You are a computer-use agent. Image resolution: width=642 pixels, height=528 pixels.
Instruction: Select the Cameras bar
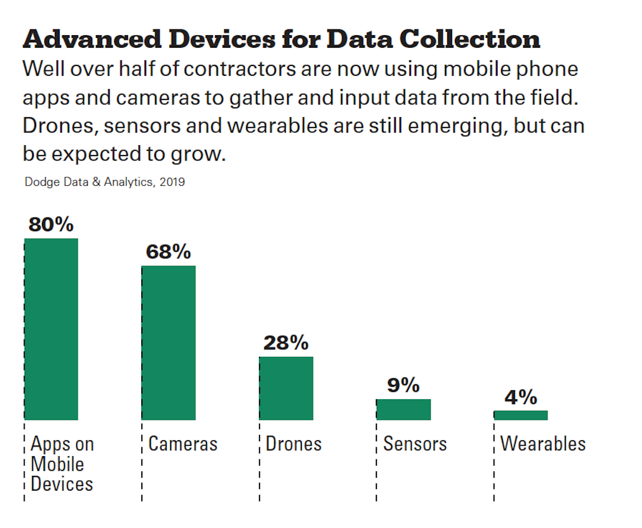pyautogui.click(x=169, y=343)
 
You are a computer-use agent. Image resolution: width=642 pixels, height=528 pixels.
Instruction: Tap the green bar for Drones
pyautogui.click(x=286, y=388)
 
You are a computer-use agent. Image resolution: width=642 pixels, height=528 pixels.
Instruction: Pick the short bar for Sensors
pyautogui.click(x=403, y=409)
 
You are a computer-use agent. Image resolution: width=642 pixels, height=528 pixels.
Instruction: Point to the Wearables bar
pyautogui.click(x=521, y=415)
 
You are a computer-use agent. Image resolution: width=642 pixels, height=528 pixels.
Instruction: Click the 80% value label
pyautogui.click(x=51, y=224)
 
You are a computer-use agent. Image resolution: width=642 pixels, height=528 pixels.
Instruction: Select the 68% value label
pyautogui.click(x=168, y=252)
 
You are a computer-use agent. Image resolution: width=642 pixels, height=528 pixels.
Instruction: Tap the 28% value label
pyautogui.click(x=286, y=343)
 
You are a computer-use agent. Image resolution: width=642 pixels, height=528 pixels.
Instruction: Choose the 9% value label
pyautogui.click(x=403, y=385)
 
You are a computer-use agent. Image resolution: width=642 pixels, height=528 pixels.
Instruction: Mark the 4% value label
pyautogui.click(x=520, y=397)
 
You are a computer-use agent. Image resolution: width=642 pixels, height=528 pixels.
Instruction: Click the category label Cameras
pyautogui.click(x=183, y=444)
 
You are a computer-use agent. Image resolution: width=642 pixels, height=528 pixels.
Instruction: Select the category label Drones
pyautogui.click(x=293, y=444)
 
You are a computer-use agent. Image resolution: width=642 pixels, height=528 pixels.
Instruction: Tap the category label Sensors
pyautogui.click(x=415, y=444)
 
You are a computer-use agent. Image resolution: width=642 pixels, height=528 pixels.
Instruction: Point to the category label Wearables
pyautogui.click(x=543, y=444)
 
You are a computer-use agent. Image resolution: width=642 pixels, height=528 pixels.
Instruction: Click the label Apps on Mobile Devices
pyautogui.click(x=62, y=464)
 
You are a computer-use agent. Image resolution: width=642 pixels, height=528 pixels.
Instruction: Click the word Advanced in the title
pyautogui.click(x=92, y=39)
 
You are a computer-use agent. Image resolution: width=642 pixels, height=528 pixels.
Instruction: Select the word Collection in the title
pyautogui.click(x=469, y=39)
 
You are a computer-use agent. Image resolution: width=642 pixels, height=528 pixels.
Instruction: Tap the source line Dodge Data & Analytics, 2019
pyautogui.click(x=105, y=182)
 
